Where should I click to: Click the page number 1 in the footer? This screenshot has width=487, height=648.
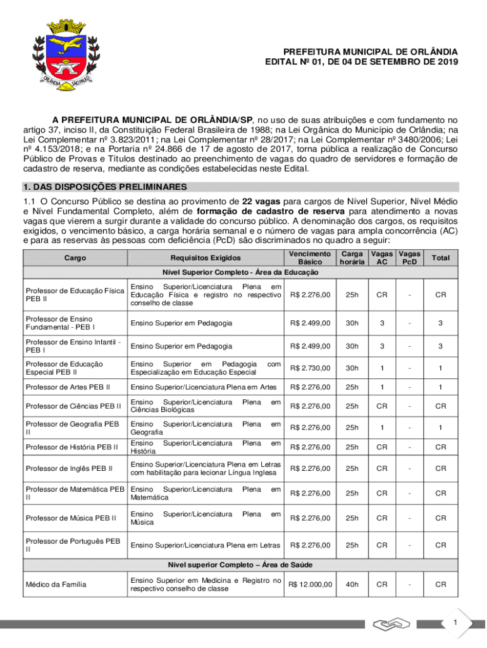(454, 624)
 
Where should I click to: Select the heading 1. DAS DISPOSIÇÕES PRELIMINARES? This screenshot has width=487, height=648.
(104, 187)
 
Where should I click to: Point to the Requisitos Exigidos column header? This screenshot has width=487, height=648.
(206, 258)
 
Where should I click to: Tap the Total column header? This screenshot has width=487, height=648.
(440, 258)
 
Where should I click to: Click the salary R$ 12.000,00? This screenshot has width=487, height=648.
(310, 584)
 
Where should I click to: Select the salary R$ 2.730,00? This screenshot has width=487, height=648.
(310, 368)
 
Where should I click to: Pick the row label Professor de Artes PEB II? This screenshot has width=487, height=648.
(68, 387)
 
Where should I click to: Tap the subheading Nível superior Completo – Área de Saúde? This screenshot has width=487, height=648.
(240, 564)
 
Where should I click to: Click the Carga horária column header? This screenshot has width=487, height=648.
(352, 258)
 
